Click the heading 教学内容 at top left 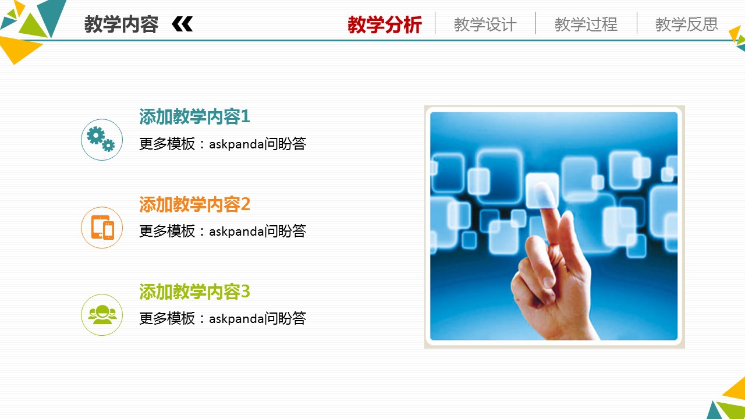pos(121,24)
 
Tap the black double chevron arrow pos(182,24)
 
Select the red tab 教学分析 pos(385,24)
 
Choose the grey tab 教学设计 pos(485,24)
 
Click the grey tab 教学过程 pos(586,24)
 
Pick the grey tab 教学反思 pos(687,24)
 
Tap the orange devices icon pos(102,228)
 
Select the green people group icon pos(102,315)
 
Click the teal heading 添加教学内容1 pos(194,116)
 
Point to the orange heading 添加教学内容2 pos(194,204)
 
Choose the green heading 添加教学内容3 pos(194,292)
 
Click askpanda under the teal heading pos(236,144)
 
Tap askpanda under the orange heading pos(236,232)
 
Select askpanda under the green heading pos(236,319)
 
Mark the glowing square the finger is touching pos(542,190)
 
